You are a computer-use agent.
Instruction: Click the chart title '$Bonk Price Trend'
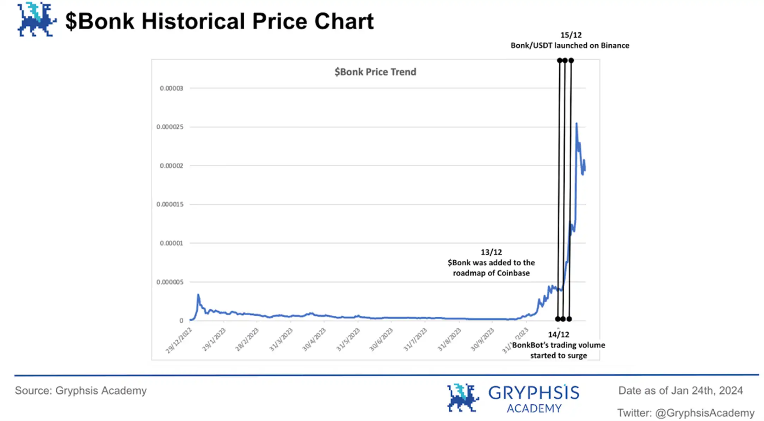click(x=375, y=72)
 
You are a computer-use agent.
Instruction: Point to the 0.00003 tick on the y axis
click(x=171, y=88)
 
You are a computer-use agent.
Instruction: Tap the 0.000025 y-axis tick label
click(x=170, y=127)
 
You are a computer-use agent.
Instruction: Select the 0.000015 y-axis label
click(x=170, y=204)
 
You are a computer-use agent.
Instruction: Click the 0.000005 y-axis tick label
click(x=170, y=282)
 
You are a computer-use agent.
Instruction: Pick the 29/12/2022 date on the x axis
click(x=179, y=340)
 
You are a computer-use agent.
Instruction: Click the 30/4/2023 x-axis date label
click(x=314, y=340)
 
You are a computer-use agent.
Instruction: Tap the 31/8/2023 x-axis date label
click(x=449, y=340)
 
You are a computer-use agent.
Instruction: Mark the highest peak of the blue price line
click(x=577, y=123)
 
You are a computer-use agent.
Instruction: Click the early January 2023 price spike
click(x=198, y=295)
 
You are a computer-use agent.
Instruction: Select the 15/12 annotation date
click(x=571, y=35)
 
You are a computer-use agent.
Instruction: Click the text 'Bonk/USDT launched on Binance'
click(x=570, y=45)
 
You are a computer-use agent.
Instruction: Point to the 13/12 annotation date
click(x=491, y=252)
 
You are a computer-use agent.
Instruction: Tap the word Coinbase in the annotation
click(x=513, y=273)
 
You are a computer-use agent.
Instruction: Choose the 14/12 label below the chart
click(x=559, y=335)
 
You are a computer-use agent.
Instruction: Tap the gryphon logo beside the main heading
click(x=36, y=19)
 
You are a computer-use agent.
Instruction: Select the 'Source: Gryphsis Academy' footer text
click(x=81, y=391)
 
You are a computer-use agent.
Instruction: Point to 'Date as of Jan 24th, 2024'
click(x=680, y=391)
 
